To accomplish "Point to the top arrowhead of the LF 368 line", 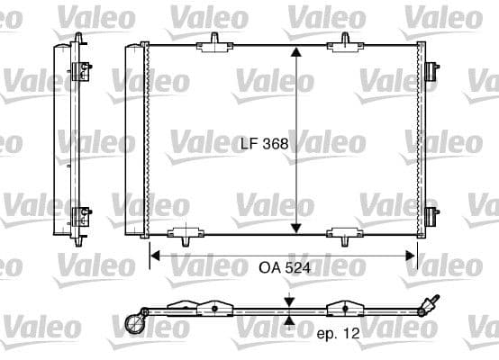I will pos(297,51).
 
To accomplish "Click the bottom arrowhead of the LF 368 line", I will pos(297,227).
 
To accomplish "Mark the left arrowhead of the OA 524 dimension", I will pos(155,256).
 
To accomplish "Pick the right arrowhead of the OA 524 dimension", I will pos(412,256).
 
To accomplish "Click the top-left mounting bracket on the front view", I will pos(216,40).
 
